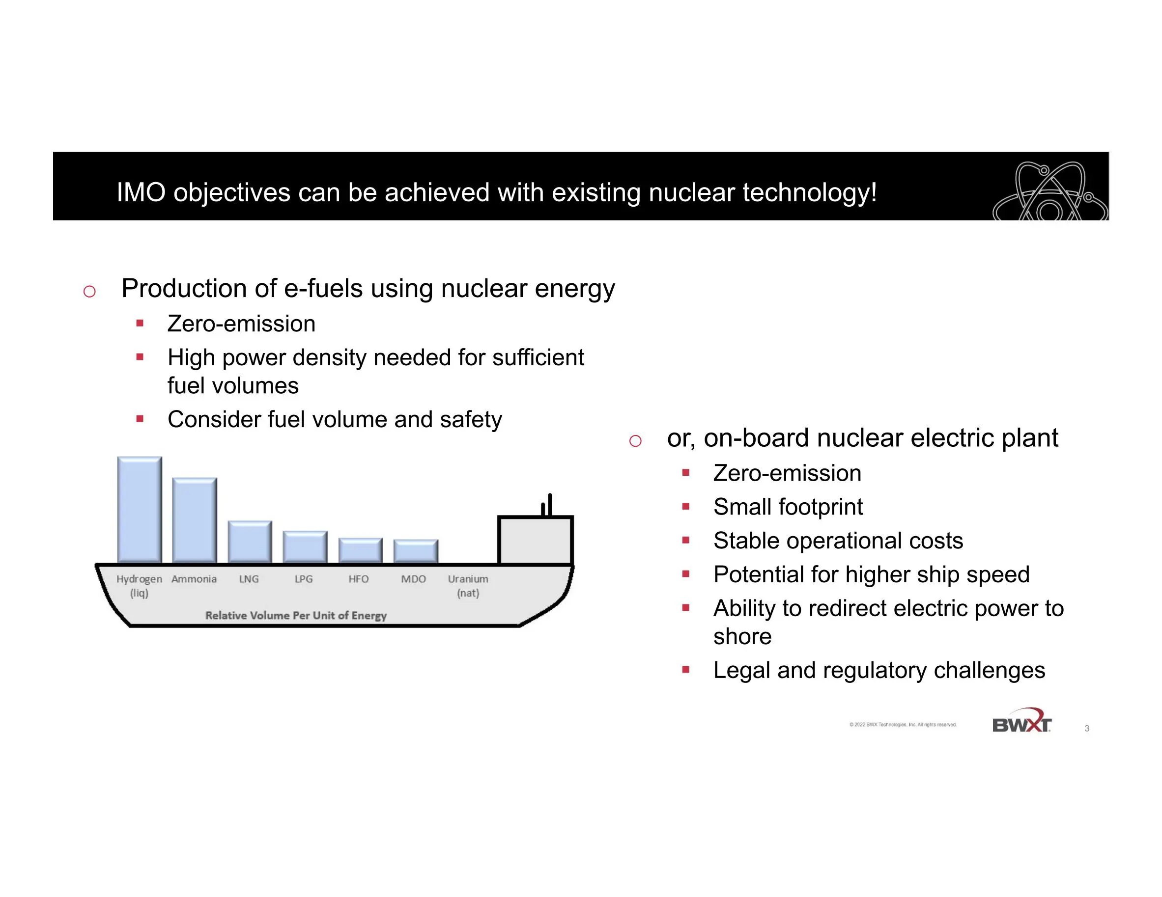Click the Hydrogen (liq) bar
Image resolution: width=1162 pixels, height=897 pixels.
140,510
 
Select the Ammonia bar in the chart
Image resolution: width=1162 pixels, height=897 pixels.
194,520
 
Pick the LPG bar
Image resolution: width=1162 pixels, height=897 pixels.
305,546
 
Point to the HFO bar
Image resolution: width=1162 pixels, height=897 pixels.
360,550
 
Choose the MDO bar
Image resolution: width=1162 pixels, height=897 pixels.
416,551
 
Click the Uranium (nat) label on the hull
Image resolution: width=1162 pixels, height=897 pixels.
468,585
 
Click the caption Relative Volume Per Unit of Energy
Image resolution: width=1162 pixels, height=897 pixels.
296,615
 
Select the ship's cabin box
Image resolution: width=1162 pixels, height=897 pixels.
535,540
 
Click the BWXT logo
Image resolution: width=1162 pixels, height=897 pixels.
1021,720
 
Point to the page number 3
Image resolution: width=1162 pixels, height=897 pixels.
1086,728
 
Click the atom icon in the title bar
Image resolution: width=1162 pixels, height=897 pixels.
1050,191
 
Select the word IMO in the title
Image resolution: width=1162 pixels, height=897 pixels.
141,192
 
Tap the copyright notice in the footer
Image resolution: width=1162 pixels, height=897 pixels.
903,724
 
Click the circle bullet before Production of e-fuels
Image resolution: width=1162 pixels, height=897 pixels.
89,291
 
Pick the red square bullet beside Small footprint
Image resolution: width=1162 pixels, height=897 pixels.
686,507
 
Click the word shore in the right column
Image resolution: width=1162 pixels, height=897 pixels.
742,636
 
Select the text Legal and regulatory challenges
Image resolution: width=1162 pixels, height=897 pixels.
879,671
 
